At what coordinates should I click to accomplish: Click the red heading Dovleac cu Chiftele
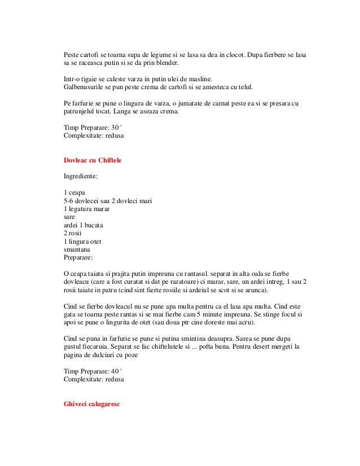tap(94, 161)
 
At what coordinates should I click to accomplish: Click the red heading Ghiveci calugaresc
tap(93, 406)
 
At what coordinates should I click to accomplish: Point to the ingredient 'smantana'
tap(79, 248)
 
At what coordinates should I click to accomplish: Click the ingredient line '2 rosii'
tap(74, 232)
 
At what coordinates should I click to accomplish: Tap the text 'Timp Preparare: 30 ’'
tap(93, 128)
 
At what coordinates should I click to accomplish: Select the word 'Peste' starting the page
tap(72, 55)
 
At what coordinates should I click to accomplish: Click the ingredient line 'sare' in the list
tap(69, 217)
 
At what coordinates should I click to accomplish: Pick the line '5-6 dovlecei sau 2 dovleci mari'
tap(109, 201)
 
